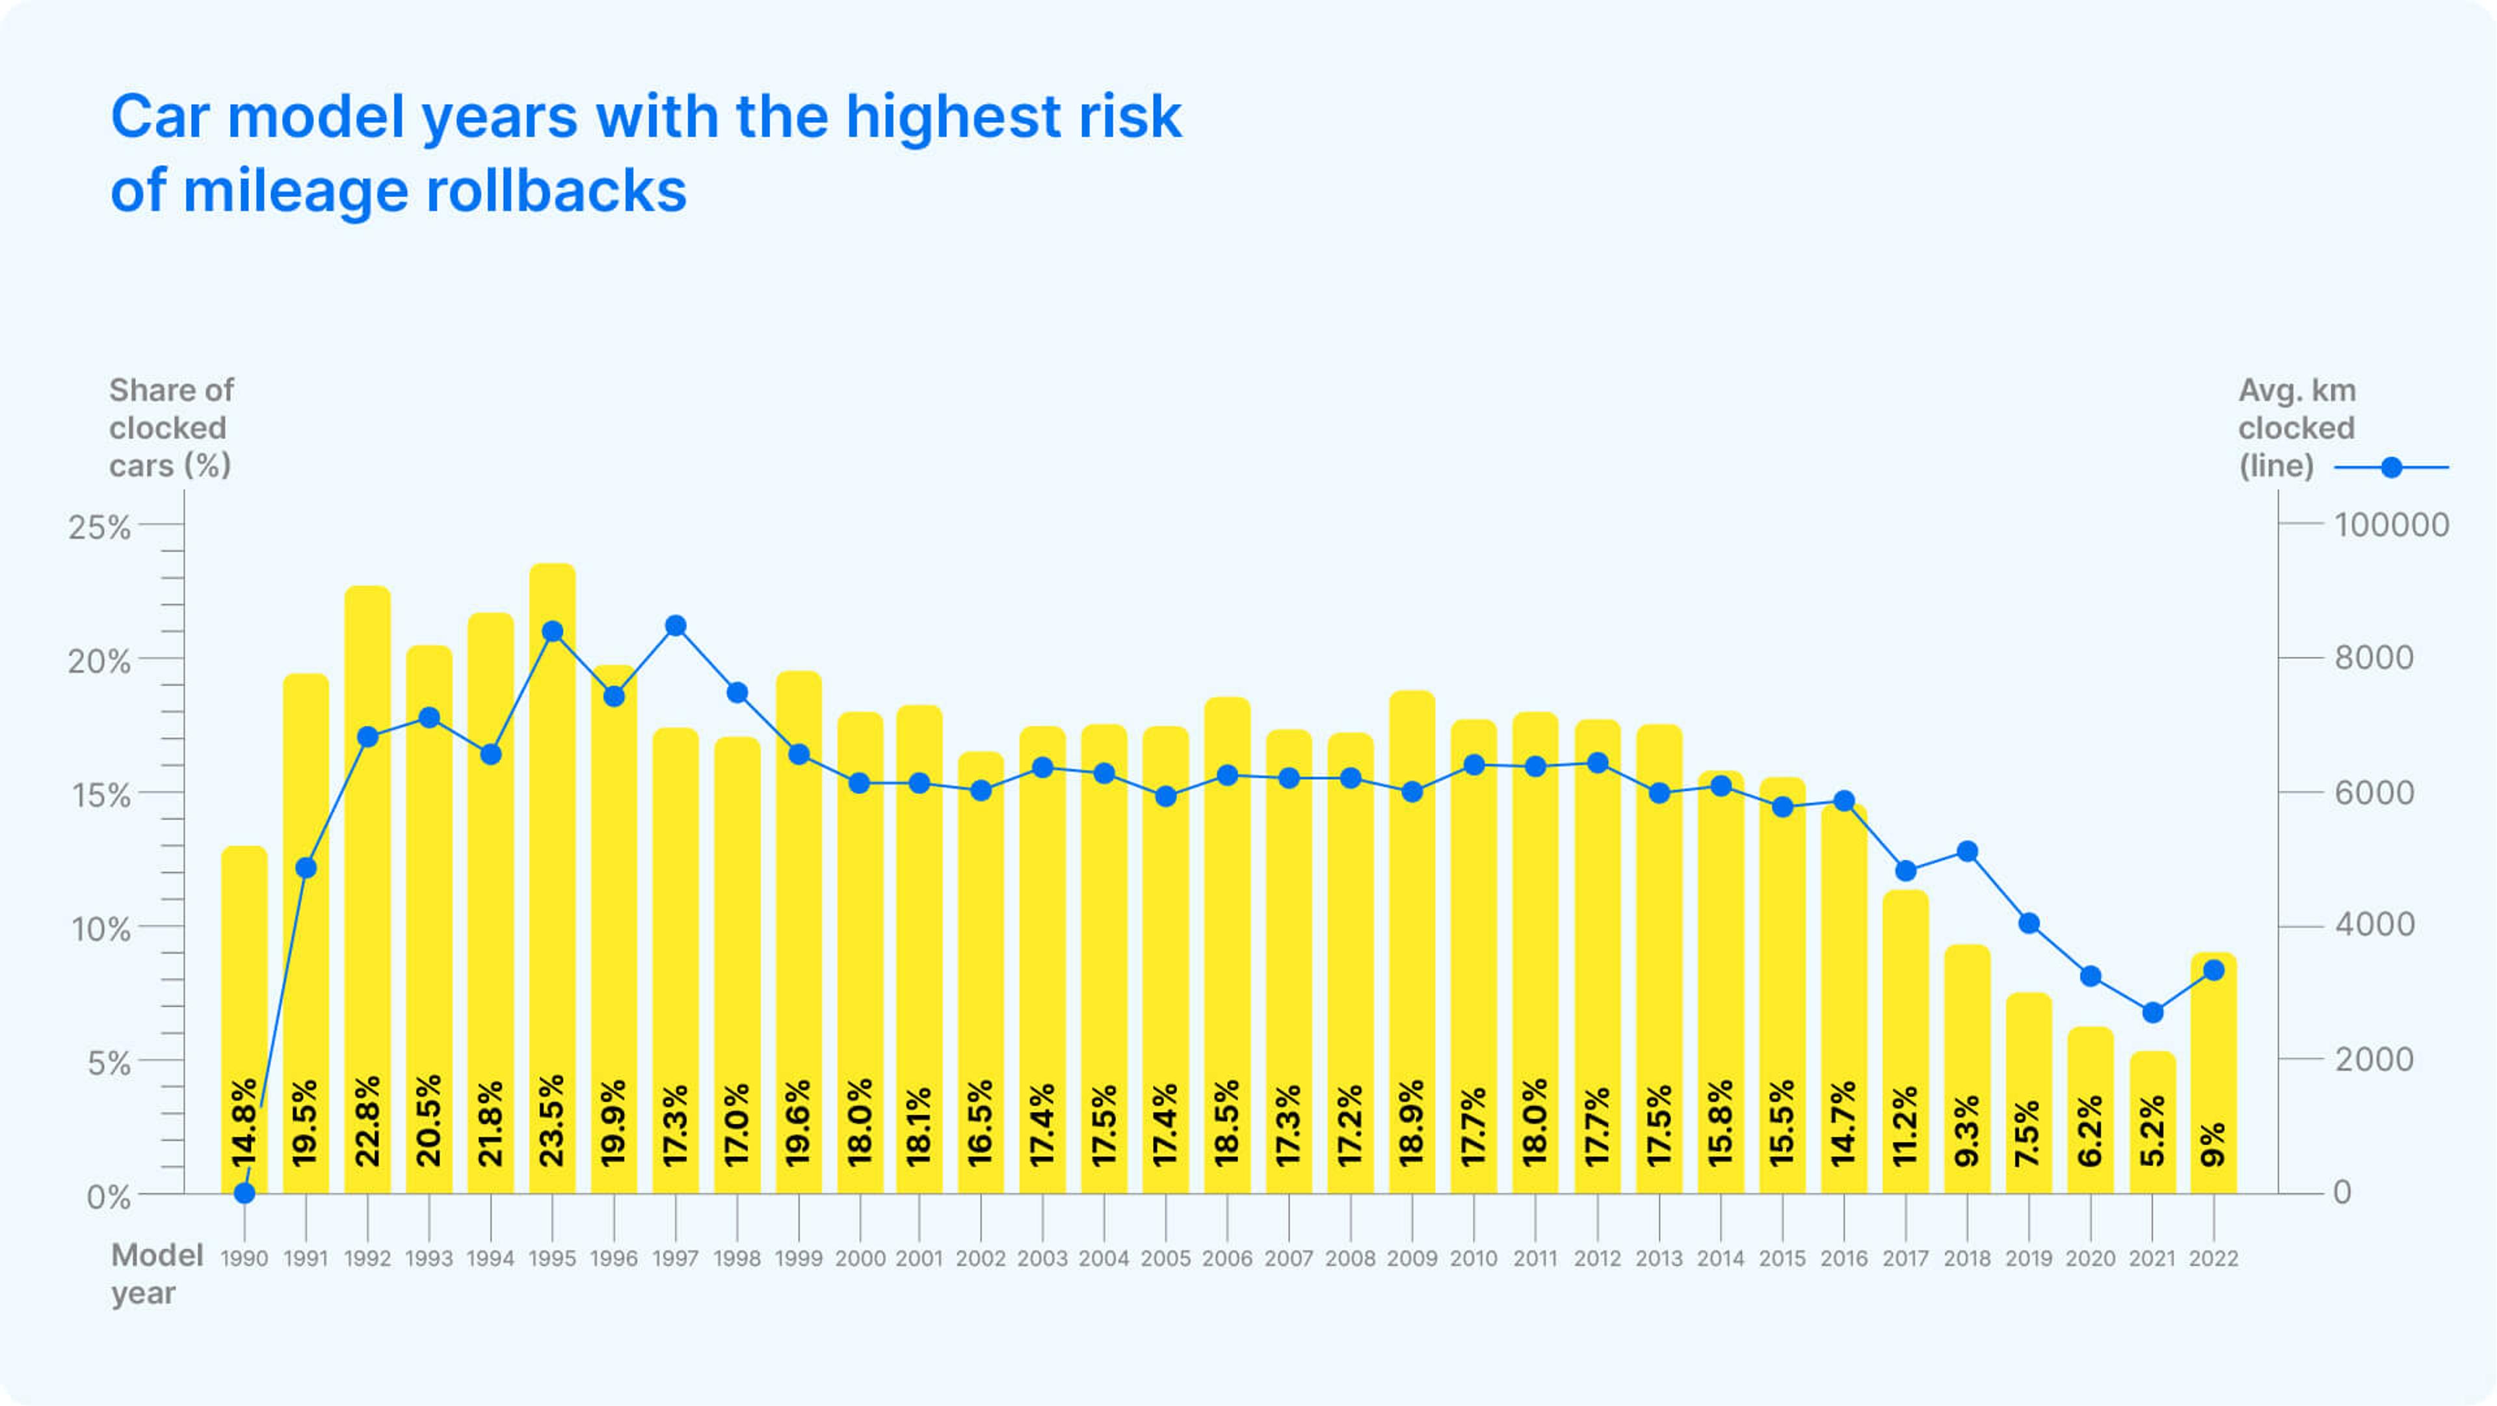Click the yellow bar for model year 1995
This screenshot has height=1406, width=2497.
point(553,872)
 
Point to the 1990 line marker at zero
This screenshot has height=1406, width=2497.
point(244,1193)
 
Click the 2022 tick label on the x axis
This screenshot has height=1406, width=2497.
point(2213,1258)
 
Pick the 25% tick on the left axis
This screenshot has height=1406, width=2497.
point(99,528)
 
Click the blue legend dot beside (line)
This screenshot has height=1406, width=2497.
point(2392,467)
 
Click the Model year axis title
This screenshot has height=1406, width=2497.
point(155,1273)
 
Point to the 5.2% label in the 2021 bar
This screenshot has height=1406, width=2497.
point(2152,1131)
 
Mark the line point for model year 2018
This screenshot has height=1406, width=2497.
point(1967,852)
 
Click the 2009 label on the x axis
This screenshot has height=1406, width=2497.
point(1411,1258)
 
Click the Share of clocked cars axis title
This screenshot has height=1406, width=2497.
point(170,427)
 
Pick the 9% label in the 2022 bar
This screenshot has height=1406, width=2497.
point(2213,1144)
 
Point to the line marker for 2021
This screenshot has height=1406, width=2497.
point(2152,1012)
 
